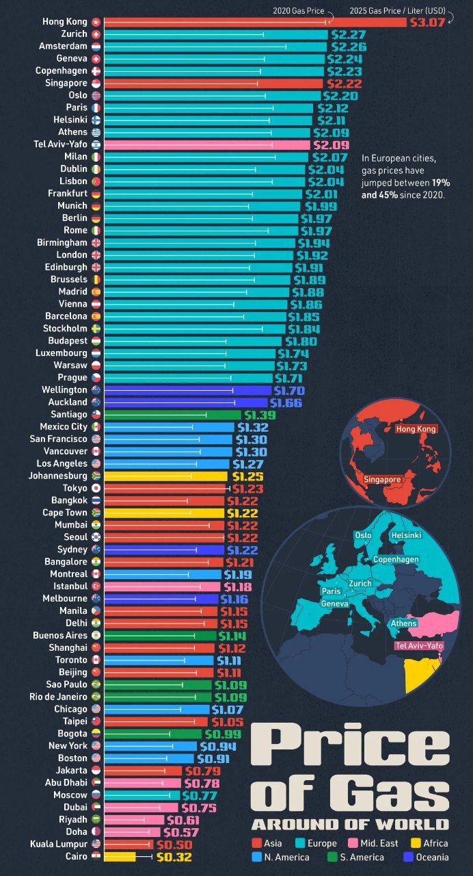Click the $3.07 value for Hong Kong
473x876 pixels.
tap(427, 22)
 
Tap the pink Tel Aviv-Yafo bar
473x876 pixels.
tap(205, 145)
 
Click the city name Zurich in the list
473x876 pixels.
tap(73, 34)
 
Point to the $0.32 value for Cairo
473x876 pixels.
tap(174, 857)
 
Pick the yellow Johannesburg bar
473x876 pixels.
tap(164, 476)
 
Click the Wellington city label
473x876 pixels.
tap(64, 390)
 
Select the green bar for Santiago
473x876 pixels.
tap(171, 415)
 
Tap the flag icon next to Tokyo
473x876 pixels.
tap(96, 488)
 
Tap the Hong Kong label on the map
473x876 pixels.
tap(416, 429)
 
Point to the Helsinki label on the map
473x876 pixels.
tap(405, 535)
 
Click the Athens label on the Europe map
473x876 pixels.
tap(403, 623)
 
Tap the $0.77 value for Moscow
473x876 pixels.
tap(199, 795)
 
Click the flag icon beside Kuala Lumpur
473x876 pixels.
tap(96, 845)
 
